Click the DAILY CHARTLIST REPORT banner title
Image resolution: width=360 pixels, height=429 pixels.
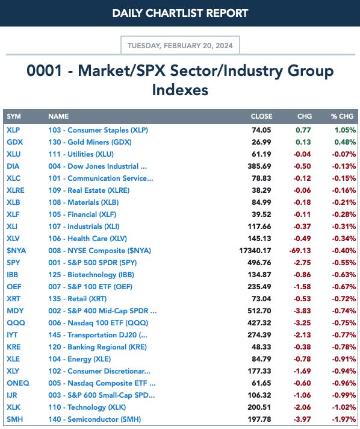tap(180, 13)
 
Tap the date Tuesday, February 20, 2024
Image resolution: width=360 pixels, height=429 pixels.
tap(180, 45)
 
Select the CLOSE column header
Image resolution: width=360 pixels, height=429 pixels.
tap(261, 116)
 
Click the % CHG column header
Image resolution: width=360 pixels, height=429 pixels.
tap(342, 116)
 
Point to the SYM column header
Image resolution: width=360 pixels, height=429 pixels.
tap(14, 116)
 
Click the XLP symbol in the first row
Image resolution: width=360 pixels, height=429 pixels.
tap(13, 130)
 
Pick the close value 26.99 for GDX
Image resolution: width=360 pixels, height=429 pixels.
tap(261, 142)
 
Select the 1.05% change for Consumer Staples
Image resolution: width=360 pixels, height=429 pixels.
tap(345, 130)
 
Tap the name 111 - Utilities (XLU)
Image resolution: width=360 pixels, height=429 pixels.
tap(81, 154)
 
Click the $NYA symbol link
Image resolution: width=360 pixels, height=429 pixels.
tap(16, 250)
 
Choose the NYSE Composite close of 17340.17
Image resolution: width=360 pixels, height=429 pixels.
tap(255, 250)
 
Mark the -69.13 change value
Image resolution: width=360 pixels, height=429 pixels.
tap(300, 250)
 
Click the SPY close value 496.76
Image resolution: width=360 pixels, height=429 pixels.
tap(259, 262)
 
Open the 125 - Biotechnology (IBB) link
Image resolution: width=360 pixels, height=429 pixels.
tap(92, 275)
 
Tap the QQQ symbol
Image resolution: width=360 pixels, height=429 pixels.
tap(16, 323)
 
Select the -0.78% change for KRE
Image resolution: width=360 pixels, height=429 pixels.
tap(344, 347)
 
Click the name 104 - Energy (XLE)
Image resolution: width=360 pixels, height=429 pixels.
tap(79, 359)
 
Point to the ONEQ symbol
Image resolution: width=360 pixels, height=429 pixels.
tap(18, 383)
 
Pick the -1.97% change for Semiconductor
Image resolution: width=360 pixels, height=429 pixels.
tap(344, 419)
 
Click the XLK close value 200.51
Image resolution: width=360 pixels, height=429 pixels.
tap(259, 407)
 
